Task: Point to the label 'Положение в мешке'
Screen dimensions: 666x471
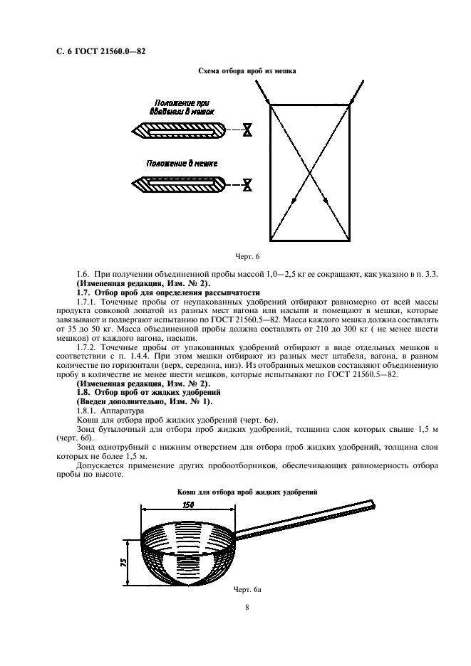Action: pyautogui.click(x=182, y=163)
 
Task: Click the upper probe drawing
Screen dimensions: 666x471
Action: pyautogui.click(x=178, y=131)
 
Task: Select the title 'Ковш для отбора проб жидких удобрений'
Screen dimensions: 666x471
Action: pyautogui.click(x=245, y=492)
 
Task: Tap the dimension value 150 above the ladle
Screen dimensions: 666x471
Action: pyautogui.click(x=187, y=504)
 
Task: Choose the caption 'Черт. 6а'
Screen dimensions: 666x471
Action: pyautogui.click(x=247, y=590)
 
